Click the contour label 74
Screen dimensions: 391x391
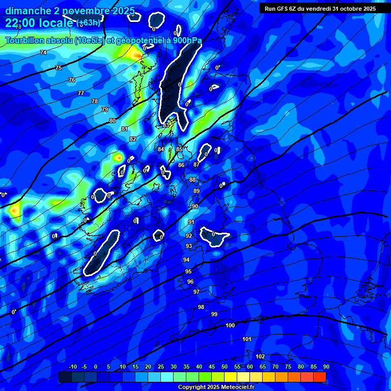(x=43, y=52)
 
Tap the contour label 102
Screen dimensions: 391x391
(x=260, y=356)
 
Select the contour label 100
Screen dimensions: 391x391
(x=230, y=325)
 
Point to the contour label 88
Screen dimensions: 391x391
(x=192, y=180)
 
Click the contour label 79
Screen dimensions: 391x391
(x=105, y=109)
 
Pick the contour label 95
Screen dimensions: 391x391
(x=188, y=271)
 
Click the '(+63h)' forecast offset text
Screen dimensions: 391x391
(x=89, y=23)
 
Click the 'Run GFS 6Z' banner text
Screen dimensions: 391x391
(x=283, y=9)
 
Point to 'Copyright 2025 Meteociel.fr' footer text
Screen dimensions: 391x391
(x=216, y=387)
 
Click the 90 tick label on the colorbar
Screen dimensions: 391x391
(x=326, y=367)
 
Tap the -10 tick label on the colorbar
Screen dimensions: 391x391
(x=72, y=367)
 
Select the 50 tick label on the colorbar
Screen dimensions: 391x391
(x=225, y=367)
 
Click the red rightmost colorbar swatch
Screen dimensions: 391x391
(x=320, y=377)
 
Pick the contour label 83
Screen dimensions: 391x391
(x=166, y=125)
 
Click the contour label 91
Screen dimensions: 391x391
(x=191, y=222)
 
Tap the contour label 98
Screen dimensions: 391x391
(x=201, y=307)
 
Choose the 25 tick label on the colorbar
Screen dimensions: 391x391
(x=161, y=367)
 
